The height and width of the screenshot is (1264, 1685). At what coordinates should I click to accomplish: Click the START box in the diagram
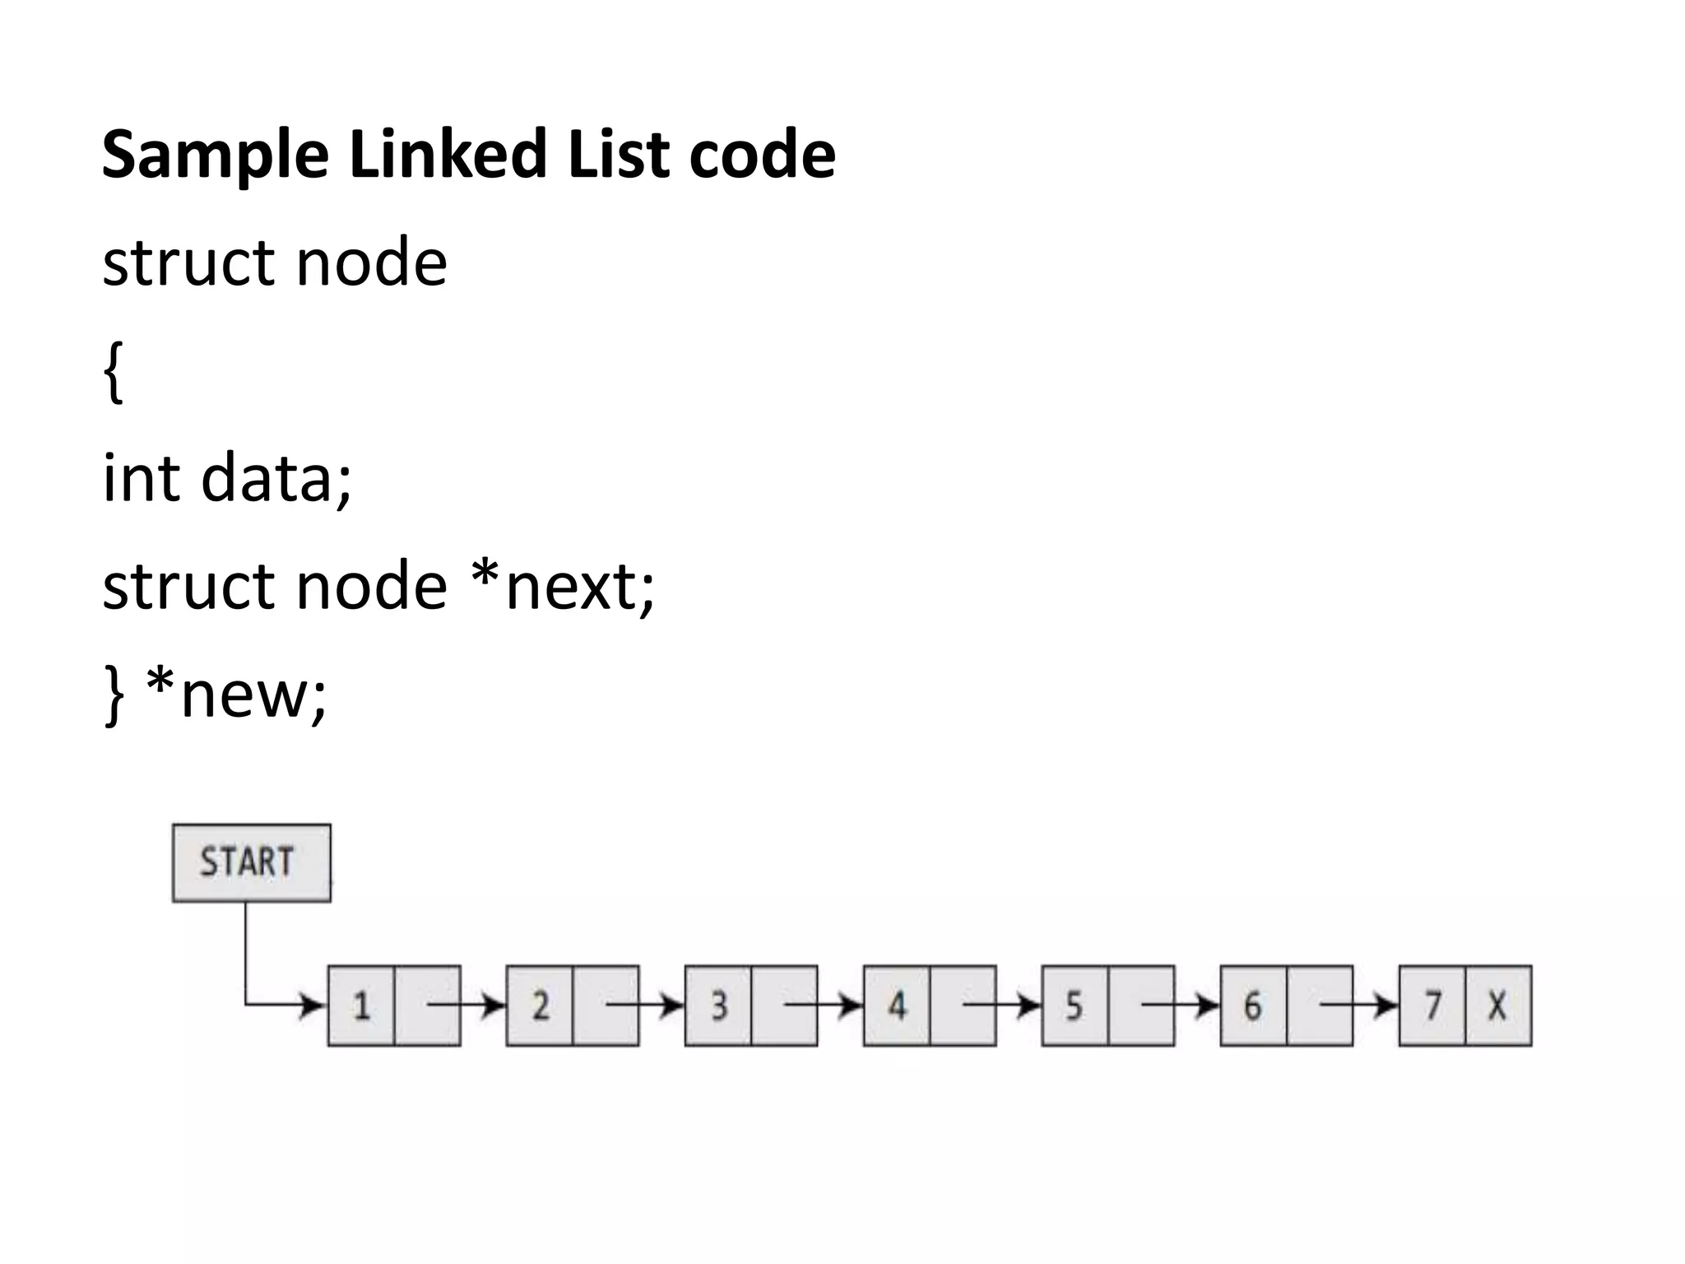click(x=251, y=862)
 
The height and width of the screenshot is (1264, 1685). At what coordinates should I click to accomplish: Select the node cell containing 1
click(x=361, y=1006)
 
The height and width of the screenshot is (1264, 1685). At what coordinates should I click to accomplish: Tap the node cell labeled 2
click(x=540, y=1006)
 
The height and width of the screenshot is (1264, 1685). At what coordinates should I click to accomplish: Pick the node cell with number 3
click(x=718, y=1006)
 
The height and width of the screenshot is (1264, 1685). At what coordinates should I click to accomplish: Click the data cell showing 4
click(x=897, y=1006)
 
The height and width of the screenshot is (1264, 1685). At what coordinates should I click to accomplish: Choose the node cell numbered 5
click(x=1075, y=1006)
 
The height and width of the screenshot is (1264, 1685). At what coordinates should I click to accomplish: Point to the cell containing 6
click(x=1253, y=1006)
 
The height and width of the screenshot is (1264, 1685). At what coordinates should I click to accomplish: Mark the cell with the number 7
click(x=1432, y=1006)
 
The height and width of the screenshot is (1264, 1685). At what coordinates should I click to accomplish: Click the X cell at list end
click(x=1497, y=1006)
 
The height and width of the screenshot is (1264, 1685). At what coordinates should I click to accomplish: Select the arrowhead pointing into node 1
click(x=313, y=1005)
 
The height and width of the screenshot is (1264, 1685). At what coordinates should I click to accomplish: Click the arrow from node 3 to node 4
click(x=823, y=1005)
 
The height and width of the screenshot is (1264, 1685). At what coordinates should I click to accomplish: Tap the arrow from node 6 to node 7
click(x=1358, y=1005)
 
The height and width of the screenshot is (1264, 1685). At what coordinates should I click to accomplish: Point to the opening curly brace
click(x=114, y=372)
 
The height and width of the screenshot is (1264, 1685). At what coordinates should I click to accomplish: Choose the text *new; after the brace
click(x=236, y=695)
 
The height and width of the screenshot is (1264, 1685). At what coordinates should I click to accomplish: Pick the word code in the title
click(x=762, y=154)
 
